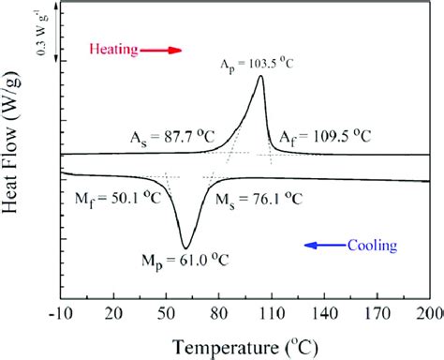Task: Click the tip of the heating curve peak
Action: tap(259, 77)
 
